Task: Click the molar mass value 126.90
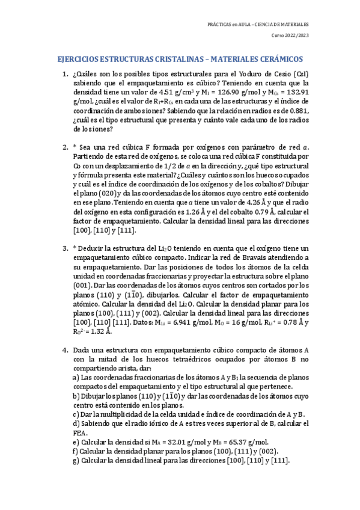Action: (236, 92)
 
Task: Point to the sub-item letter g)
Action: (76, 461)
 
